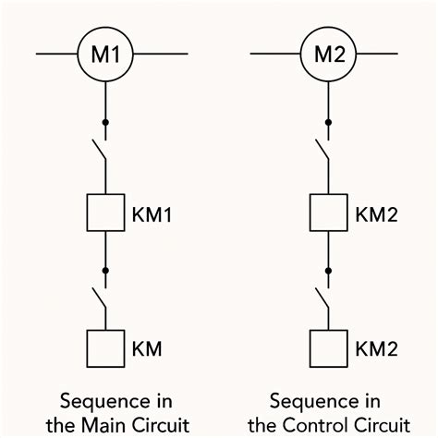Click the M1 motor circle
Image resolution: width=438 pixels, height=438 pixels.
point(104,54)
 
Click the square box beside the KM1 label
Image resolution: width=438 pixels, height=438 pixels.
point(105,213)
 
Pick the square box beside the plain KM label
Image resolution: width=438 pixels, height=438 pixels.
point(105,347)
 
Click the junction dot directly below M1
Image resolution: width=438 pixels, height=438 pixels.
point(105,122)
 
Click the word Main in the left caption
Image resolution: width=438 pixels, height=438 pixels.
point(126,424)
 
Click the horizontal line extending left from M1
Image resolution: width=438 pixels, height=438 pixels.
point(55,54)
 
